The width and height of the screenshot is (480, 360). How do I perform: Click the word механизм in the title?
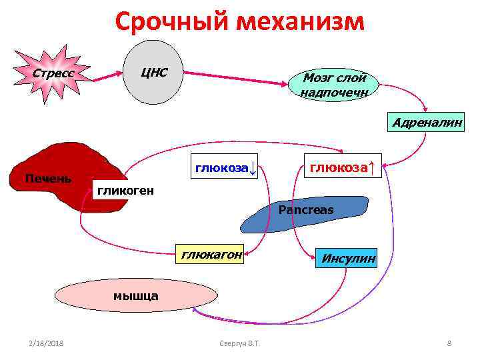[298, 21]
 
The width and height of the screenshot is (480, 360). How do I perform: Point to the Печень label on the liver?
[47, 178]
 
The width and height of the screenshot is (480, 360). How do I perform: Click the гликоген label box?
[125, 191]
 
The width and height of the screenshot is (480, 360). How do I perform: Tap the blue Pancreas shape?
[306, 213]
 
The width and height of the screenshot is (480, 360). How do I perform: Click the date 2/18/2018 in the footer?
[46, 343]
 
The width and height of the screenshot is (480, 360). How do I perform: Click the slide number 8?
[449, 343]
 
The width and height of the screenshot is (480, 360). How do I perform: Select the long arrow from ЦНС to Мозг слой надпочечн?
[233, 77]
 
